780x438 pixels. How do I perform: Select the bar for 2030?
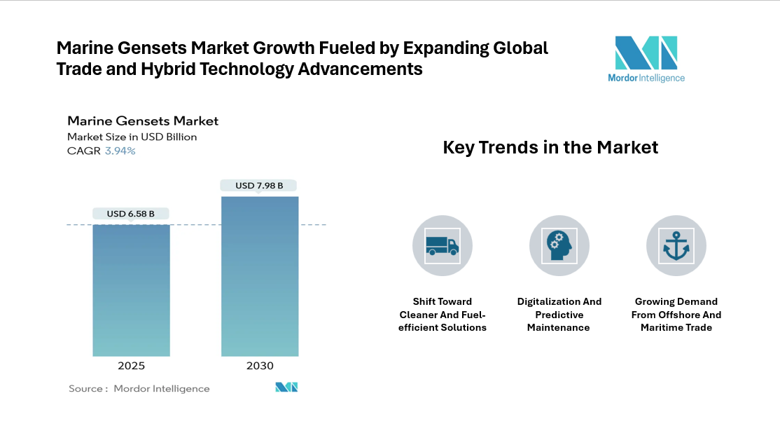[x=260, y=276]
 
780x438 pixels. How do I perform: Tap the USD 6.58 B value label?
[x=131, y=214]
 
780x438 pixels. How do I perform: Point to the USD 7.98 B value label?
[x=259, y=186]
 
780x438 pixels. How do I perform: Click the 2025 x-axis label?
[x=132, y=366]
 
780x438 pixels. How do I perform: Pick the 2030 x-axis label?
[x=260, y=366]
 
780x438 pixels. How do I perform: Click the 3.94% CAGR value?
[x=120, y=151]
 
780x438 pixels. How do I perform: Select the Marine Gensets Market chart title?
[x=143, y=121]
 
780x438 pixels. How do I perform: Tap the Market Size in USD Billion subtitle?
[x=132, y=137]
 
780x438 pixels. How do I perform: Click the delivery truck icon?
[x=442, y=246]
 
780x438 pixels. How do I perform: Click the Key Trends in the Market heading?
[x=550, y=148]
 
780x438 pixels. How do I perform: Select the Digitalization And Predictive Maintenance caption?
[x=559, y=314]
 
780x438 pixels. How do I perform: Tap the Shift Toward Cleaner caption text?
[x=442, y=314]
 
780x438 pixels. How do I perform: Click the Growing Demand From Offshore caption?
[x=676, y=314]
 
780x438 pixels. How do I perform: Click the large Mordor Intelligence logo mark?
[x=646, y=53]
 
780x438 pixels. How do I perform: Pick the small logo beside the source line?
[x=286, y=387]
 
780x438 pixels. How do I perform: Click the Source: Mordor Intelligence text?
[x=139, y=388]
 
